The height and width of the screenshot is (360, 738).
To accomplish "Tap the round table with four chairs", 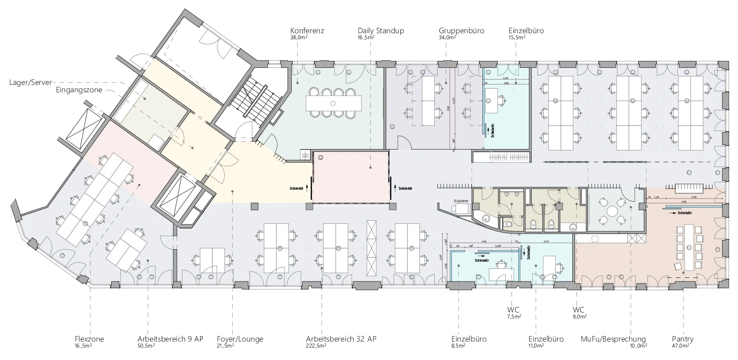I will pyautogui.click(x=612, y=211).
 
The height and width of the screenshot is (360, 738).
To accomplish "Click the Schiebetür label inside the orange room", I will pyautogui.click(x=685, y=214).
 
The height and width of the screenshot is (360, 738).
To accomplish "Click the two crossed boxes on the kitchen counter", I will pyautogui.click(x=635, y=239).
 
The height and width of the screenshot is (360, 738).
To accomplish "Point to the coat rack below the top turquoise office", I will pyautogui.click(x=500, y=158).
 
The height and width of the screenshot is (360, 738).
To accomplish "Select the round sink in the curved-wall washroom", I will pyautogui.click(x=486, y=218).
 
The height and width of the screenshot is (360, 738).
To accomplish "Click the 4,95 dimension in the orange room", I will pyautogui.click(x=684, y=202).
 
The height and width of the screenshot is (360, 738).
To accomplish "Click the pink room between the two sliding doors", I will pyautogui.click(x=351, y=177).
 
